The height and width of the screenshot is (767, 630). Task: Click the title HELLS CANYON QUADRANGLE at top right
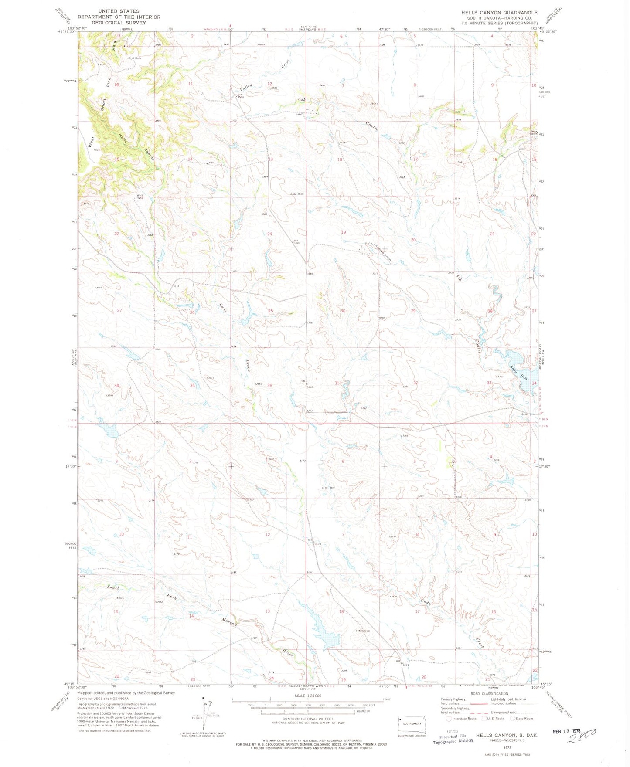499,13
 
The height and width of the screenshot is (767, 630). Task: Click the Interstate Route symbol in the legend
449,718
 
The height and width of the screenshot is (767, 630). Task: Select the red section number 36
269,385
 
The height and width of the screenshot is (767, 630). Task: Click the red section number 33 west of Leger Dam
489,383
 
